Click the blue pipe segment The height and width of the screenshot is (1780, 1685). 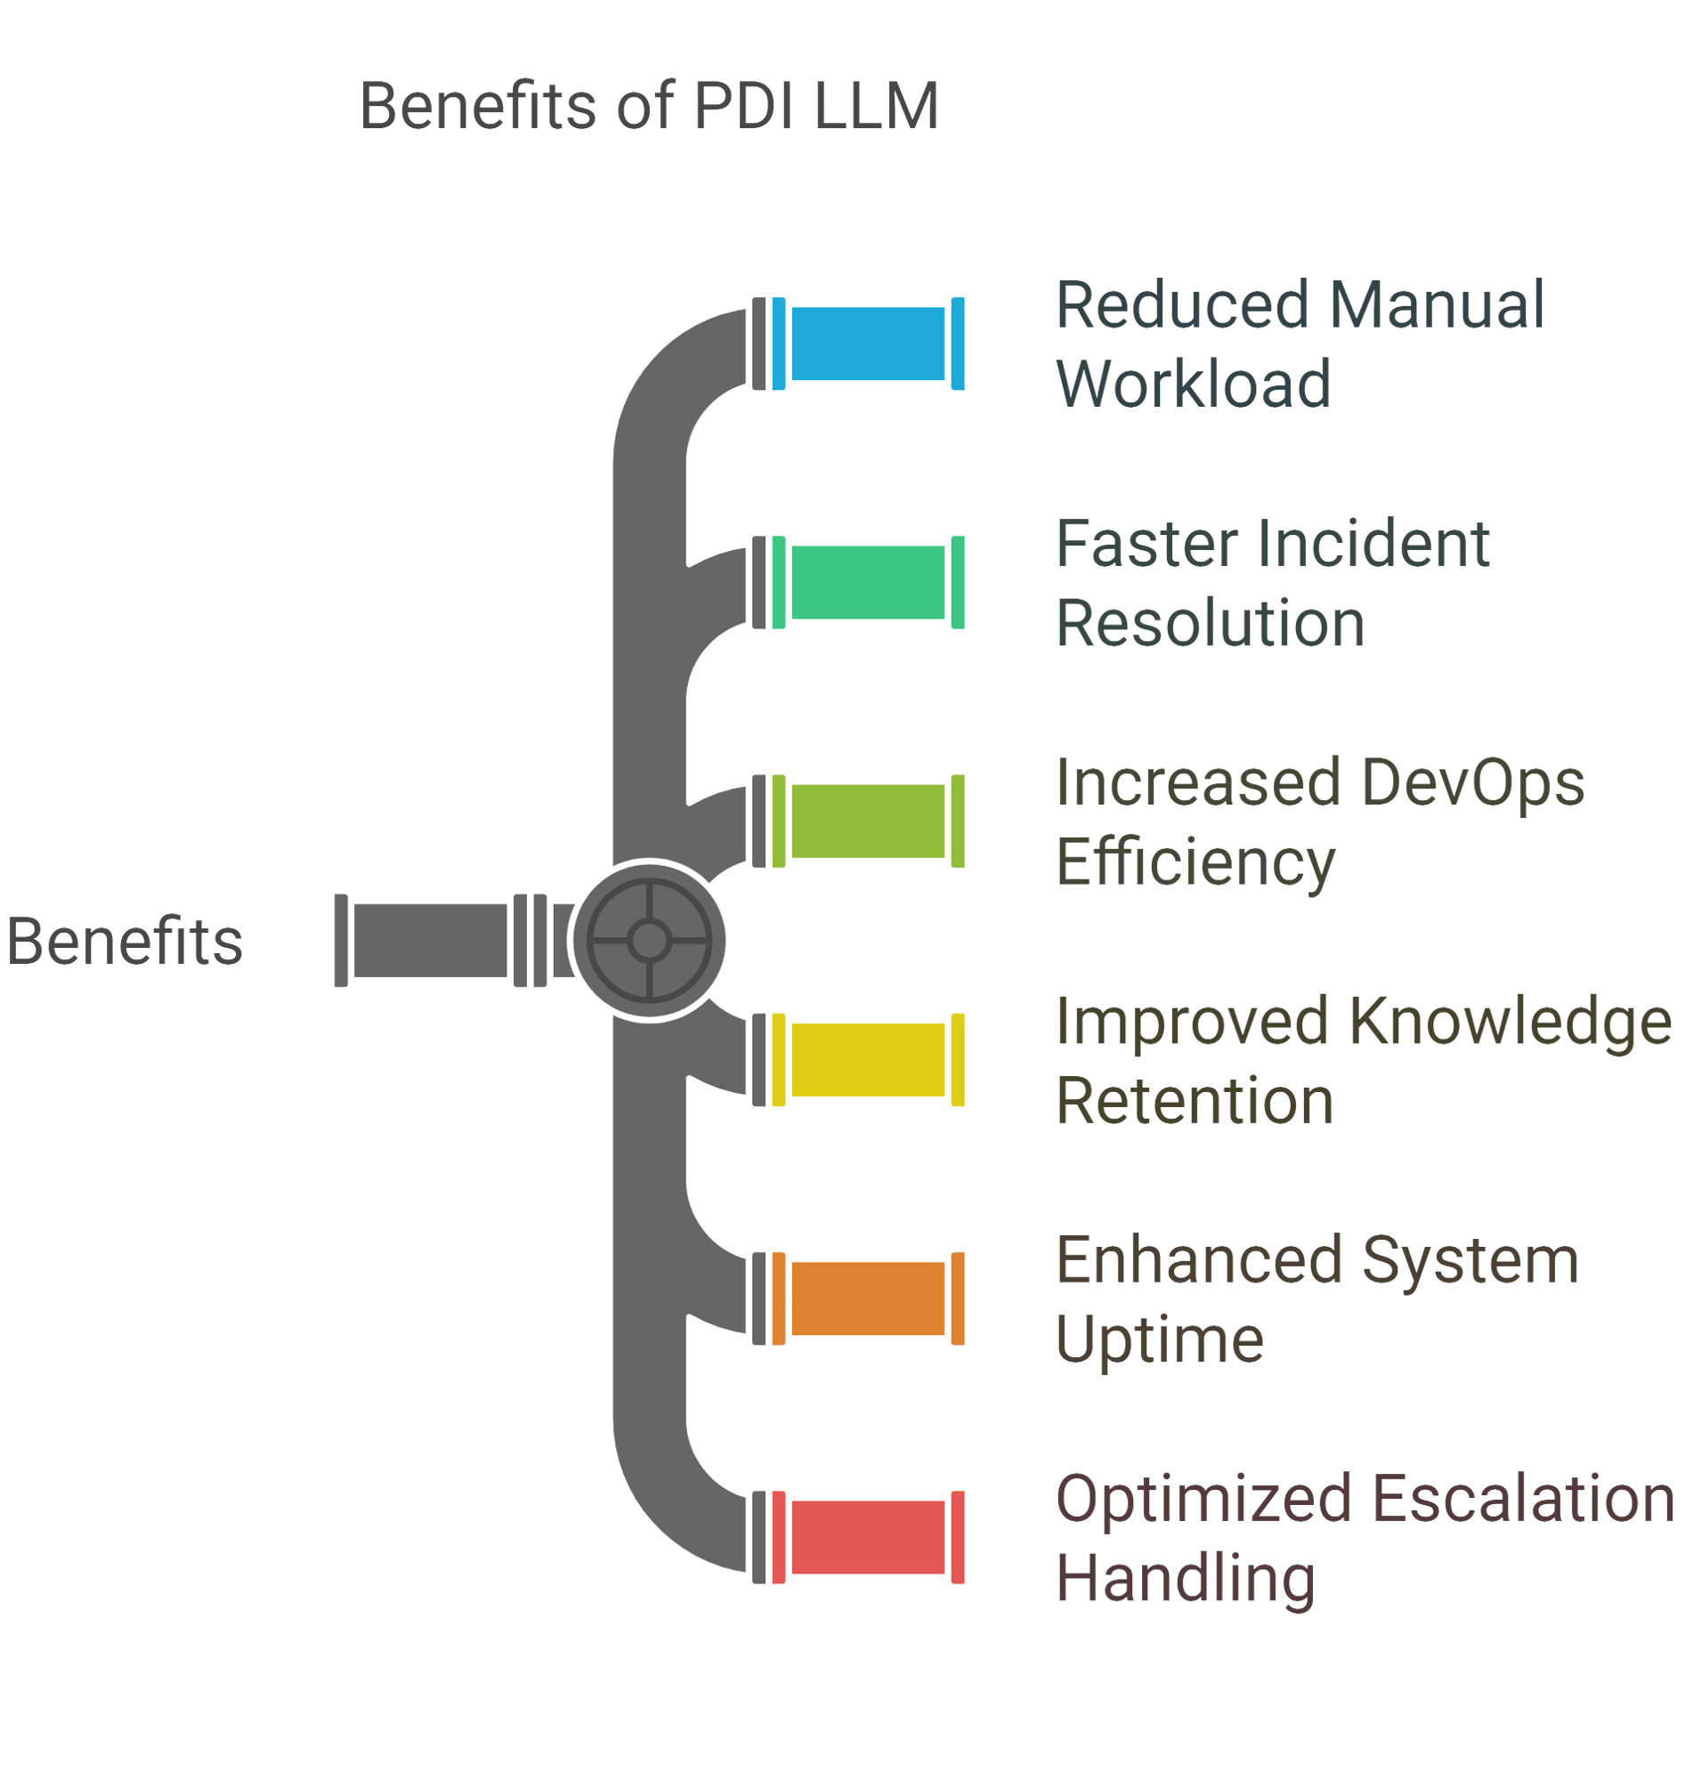pos(869,344)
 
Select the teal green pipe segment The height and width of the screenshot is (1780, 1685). pos(869,583)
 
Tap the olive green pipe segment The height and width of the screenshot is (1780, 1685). pos(869,821)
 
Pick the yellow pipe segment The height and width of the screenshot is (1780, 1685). pos(869,1061)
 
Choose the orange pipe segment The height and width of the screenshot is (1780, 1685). pos(869,1299)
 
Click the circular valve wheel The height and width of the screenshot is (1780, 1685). pos(650,942)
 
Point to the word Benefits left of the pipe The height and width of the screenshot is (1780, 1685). pos(125,943)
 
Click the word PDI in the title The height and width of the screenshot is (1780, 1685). pos(745,106)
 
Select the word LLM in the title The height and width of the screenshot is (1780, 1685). pos(877,106)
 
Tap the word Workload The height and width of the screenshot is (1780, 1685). pos(1194,384)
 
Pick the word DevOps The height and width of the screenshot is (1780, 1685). pos(1474,784)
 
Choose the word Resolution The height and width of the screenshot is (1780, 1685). pos(1211,624)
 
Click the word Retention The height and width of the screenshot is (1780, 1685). pos(1195,1102)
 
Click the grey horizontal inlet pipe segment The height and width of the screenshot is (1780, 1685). pos(430,942)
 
